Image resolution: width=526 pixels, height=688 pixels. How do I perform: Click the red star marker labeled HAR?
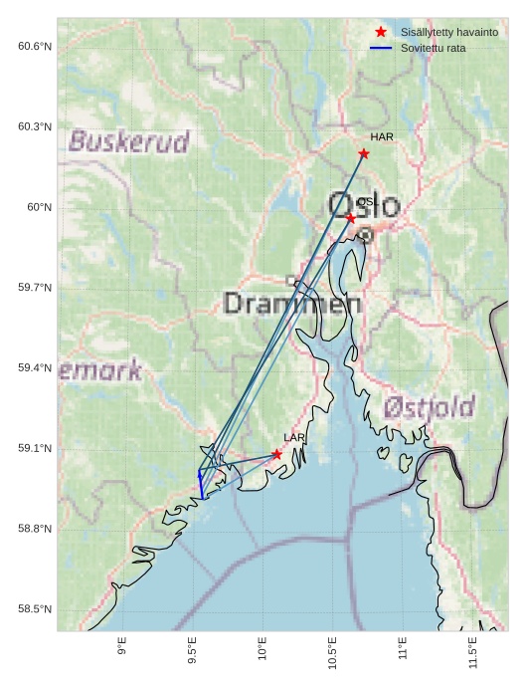point(364,153)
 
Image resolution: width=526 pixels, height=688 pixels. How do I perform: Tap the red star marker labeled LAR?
point(276,454)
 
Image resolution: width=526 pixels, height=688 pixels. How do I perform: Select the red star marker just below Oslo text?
point(350,218)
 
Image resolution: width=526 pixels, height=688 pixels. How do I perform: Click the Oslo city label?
point(364,205)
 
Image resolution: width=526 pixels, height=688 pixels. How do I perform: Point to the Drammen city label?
point(292,303)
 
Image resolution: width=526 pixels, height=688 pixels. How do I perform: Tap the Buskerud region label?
point(128,141)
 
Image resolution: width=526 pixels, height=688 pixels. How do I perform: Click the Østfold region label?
point(429,406)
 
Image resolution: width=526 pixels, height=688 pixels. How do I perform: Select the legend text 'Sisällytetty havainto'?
point(449,32)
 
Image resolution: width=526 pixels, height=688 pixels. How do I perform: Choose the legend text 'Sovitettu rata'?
point(434,47)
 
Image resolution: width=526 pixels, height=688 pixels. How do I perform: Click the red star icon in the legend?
point(381,32)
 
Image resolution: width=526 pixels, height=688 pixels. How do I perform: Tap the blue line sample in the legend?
point(381,47)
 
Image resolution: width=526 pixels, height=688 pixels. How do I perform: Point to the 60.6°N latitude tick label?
point(35,46)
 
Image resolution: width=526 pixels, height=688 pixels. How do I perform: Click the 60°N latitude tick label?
point(39,207)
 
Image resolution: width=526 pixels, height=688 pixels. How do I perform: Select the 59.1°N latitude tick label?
point(35,448)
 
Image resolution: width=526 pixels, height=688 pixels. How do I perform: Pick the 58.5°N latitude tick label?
point(35,609)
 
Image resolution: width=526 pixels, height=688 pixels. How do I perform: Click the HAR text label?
point(382,136)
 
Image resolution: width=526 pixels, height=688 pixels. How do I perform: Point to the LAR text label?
point(294,437)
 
